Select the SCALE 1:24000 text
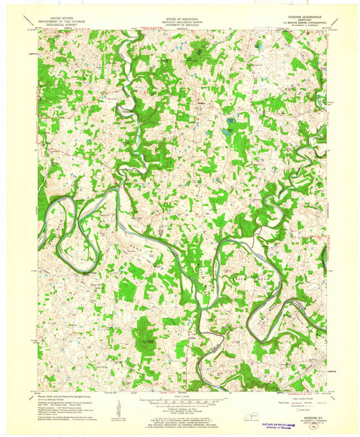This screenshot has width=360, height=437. coord(180,396)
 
